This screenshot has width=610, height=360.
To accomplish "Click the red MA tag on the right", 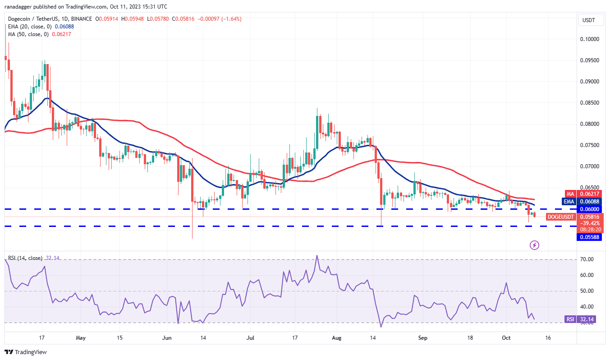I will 569,194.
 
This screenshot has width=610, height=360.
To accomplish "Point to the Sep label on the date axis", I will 422,337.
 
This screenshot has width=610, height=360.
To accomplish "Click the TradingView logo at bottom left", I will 26,352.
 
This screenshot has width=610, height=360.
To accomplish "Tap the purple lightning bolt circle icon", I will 534,245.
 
